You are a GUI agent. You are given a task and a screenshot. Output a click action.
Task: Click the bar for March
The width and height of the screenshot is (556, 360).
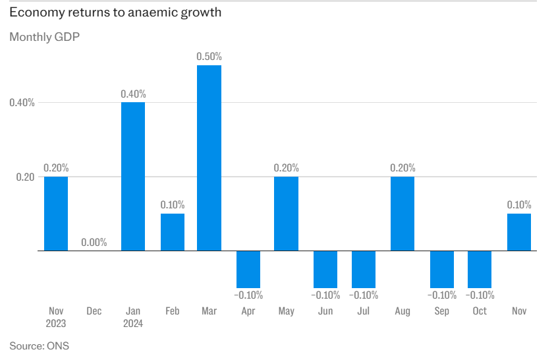point(209,158)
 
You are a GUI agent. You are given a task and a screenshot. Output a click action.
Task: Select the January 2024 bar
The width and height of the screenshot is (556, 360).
point(132,177)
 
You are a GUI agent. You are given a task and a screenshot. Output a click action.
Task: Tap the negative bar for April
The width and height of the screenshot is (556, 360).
point(248,269)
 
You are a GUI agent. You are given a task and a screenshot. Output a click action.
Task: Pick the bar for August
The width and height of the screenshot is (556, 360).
point(403,214)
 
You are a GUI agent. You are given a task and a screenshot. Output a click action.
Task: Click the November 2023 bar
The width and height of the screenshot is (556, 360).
point(56,214)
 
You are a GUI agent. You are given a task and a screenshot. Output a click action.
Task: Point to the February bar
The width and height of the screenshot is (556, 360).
point(173,232)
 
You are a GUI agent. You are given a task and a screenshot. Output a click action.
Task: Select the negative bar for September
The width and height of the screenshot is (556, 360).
point(441,269)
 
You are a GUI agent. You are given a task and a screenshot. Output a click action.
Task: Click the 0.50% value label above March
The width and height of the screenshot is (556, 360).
point(209,57)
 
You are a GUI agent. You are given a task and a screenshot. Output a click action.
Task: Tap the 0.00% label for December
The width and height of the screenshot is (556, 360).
point(94,243)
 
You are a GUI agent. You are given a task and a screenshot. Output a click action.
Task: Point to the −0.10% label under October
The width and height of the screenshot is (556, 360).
point(480,295)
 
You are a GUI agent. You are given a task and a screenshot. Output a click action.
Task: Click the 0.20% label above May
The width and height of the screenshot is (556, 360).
point(287,168)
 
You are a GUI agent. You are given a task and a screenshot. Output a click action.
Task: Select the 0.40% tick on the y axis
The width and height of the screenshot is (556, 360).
point(23,103)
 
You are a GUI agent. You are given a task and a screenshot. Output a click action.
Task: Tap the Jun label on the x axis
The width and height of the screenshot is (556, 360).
point(325,311)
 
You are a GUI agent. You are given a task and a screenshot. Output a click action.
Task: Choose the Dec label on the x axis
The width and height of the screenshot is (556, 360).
point(94,311)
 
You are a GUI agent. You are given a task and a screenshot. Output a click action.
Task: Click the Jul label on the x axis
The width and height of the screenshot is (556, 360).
point(364,311)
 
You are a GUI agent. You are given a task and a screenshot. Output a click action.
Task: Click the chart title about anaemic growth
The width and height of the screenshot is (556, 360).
point(115,13)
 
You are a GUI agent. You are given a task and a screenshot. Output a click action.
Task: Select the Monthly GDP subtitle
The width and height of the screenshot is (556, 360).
point(44,37)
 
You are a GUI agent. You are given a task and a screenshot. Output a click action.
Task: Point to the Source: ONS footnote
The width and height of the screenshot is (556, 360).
point(39,345)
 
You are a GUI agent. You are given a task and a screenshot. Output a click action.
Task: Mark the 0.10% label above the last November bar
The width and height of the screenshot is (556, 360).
point(519,205)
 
